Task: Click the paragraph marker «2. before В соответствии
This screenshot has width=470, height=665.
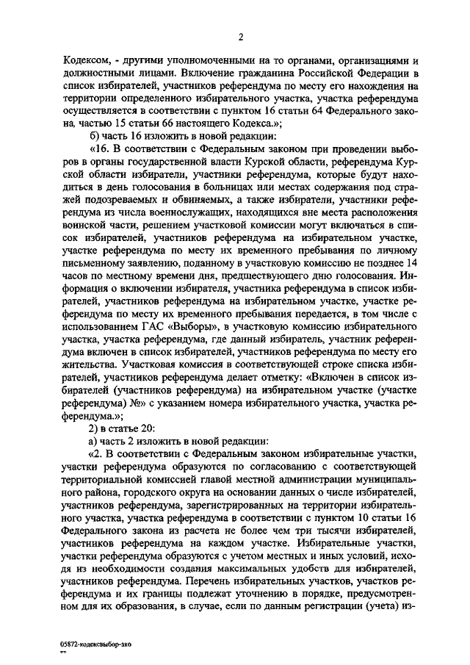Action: pos(95,455)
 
